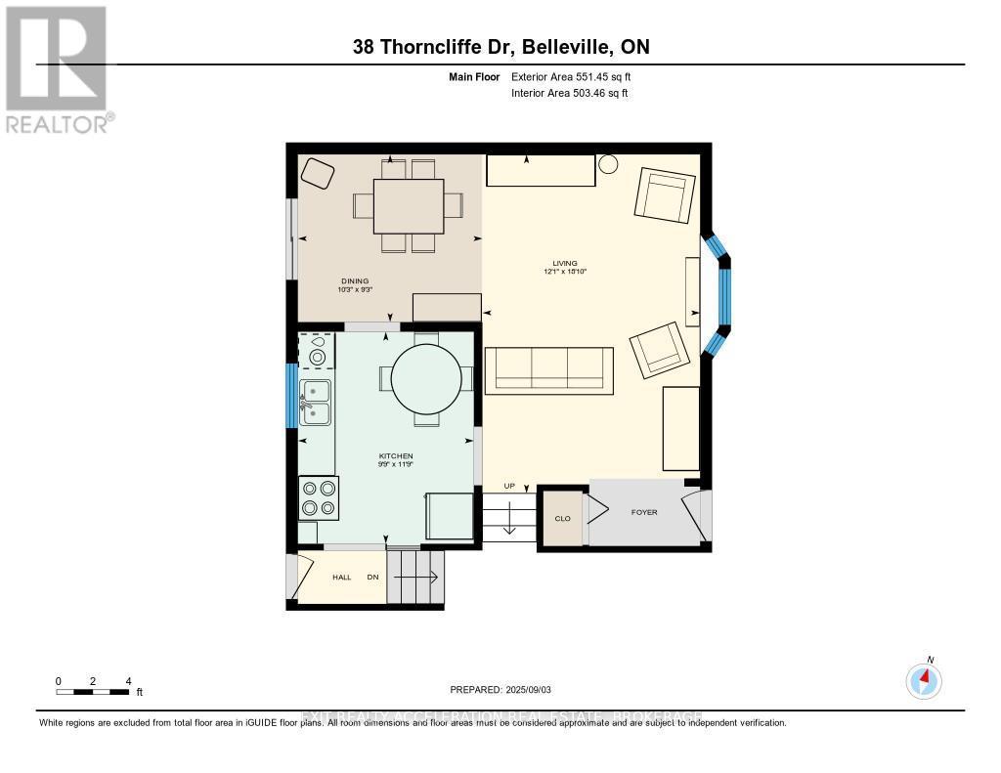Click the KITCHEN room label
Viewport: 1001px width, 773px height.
point(396,456)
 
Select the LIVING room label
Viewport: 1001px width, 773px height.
point(564,263)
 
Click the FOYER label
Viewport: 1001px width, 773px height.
point(643,512)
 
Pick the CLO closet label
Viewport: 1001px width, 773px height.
point(562,518)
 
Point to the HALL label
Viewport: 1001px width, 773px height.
point(341,578)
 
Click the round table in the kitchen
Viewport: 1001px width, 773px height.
point(426,379)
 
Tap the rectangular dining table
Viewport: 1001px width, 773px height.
point(409,205)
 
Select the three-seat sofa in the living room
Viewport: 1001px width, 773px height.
point(548,370)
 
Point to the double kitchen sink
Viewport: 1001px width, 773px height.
point(315,402)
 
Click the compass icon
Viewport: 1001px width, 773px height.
point(924,679)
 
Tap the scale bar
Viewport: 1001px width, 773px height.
point(93,692)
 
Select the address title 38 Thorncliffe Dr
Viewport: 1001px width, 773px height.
point(500,47)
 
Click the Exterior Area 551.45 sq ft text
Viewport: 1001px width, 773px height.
point(578,76)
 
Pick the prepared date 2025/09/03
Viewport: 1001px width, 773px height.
point(500,690)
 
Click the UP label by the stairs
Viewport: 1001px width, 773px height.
point(508,486)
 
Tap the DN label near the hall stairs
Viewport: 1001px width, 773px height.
point(372,578)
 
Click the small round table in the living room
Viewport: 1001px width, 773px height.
point(608,164)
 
